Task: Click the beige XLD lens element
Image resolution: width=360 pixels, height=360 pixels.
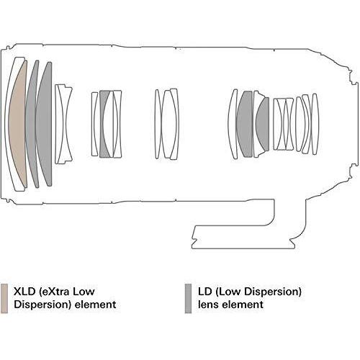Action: coord(17,125)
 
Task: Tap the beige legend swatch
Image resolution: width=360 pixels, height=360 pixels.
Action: coord(4,298)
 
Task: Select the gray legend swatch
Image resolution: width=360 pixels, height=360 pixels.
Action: coord(188,298)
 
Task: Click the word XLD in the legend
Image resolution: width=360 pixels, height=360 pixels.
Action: coord(24,292)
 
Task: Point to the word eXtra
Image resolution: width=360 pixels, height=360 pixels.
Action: coord(55,292)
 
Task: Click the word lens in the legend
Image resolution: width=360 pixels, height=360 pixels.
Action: coord(208,305)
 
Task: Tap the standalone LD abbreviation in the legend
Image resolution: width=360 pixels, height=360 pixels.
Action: coord(204,292)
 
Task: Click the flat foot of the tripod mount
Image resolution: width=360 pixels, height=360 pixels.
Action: coord(243,246)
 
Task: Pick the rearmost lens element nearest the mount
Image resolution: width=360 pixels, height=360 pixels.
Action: coord(315,124)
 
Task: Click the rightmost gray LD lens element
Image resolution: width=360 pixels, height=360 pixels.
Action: coord(263,124)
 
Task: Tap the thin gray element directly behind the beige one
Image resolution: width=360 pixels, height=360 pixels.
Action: coord(32,124)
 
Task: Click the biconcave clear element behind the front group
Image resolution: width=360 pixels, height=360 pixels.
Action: coord(63,124)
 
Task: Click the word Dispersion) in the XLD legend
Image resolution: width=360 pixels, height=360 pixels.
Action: coord(42,305)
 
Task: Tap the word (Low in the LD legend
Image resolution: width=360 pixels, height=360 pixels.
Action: coord(228,292)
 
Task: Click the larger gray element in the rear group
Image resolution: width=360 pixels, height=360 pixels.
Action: coord(245,124)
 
